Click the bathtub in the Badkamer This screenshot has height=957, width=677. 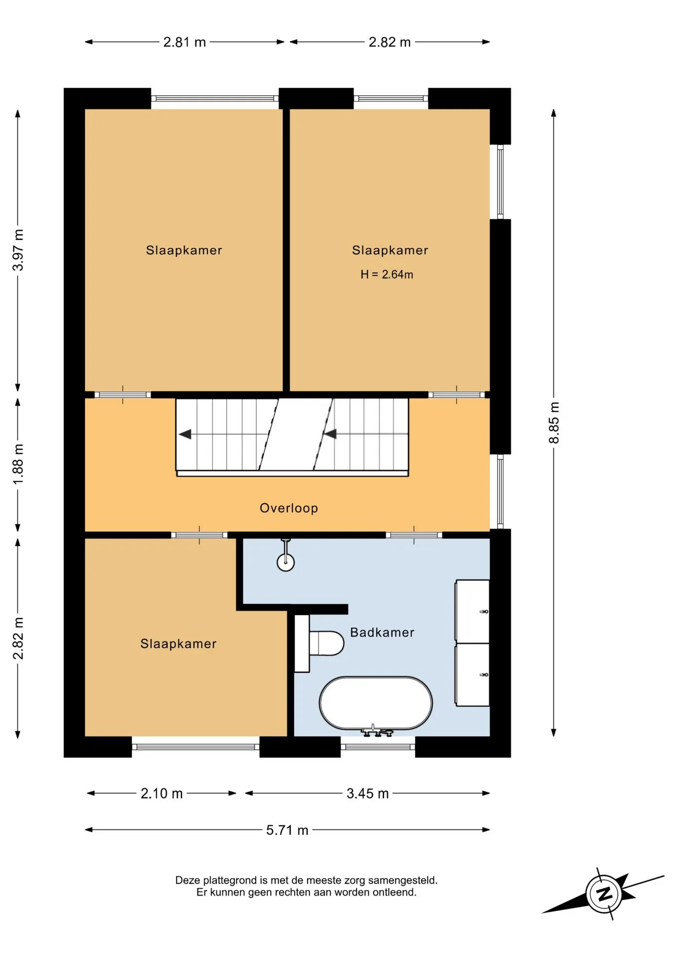click(x=375, y=703)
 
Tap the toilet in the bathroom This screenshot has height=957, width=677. click(x=319, y=643)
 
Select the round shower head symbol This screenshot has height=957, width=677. click(x=286, y=562)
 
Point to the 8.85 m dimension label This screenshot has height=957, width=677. click(x=554, y=423)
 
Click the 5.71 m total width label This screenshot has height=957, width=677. click(x=287, y=830)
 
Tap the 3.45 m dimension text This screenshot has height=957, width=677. click(x=367, y=794)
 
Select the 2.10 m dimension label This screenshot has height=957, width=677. click(x=162, y=794)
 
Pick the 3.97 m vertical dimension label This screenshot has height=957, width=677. click(x=18, y=250)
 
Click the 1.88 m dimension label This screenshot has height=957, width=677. click(x=18, y=464)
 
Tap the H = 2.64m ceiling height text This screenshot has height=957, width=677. click(x=387, y=275)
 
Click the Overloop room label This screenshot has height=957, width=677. click(x=289, y=508)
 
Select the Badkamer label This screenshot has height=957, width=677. click(x=382, y=633)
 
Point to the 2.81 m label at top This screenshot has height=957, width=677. click(x=184, y=42)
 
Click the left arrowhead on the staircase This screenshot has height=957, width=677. click(x=185, y=434)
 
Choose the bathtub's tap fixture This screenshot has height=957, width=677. click(x=377, y=731)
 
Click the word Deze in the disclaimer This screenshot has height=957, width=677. click(x=188, y=880)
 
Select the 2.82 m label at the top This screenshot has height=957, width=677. click(x=389, y=42)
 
